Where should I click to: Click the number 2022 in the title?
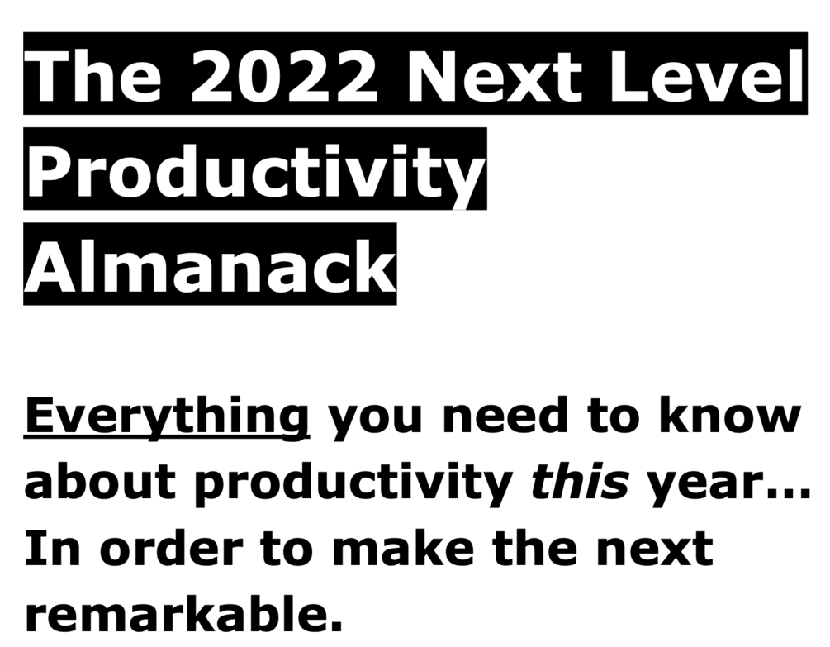(x=284, y=75)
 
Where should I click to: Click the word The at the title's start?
(x=94, y=74)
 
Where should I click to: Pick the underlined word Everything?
(x=167, y=418)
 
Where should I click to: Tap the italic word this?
(x=581, y=479)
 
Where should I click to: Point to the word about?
(x=100, y=480)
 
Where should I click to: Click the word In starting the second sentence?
(x=52, y=548)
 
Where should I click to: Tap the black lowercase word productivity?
(x=353, y=481)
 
